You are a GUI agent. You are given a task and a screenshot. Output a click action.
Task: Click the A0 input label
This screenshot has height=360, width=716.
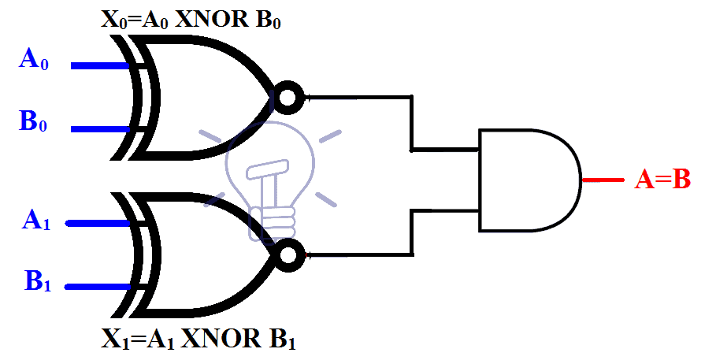click(34, 61)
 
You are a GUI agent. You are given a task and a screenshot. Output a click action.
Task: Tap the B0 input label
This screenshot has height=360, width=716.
click(34, 123)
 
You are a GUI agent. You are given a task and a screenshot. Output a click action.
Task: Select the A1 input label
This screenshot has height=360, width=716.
click(36, 220)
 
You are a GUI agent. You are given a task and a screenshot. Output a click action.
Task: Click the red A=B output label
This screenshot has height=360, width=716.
click(662, 180)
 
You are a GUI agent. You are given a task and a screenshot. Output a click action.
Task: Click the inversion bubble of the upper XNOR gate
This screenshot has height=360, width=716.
click(288, 97)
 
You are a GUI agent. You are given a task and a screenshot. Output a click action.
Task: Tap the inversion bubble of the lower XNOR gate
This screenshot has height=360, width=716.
click(291, 254)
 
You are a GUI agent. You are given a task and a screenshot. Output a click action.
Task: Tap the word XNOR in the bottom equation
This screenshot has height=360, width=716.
click(218, 340)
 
